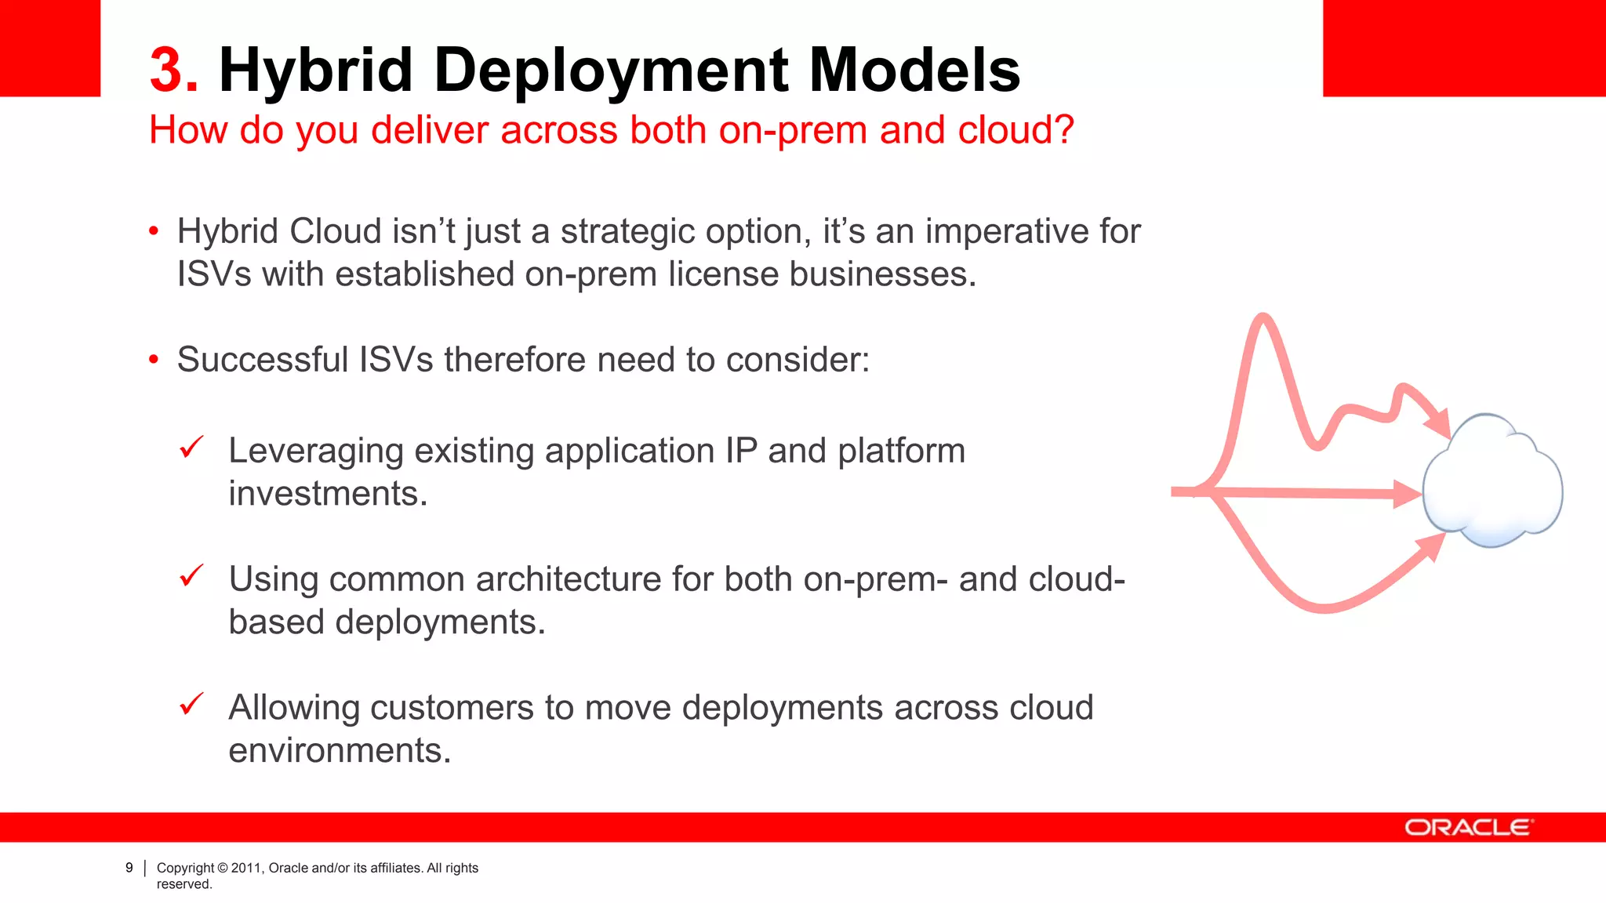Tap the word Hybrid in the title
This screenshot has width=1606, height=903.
(x=315, y=71)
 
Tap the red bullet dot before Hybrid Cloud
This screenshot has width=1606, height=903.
(x=154, y=231)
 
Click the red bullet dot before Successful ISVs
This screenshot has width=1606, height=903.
(x=154, y=360)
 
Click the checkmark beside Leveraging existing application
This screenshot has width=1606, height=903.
(x=191, y=448)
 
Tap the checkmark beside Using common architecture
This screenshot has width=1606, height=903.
(x=191, y=576)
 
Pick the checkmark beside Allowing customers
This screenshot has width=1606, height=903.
(x=191, y=704)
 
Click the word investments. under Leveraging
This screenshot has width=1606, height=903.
(x=328, y=494)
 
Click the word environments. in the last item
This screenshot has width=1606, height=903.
(x=340, y=751)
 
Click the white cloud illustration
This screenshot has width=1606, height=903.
(x=1492, y=482)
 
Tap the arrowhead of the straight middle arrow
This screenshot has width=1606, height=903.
(x=1407, y=494)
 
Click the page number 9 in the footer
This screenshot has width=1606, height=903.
(x=129, y=868)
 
